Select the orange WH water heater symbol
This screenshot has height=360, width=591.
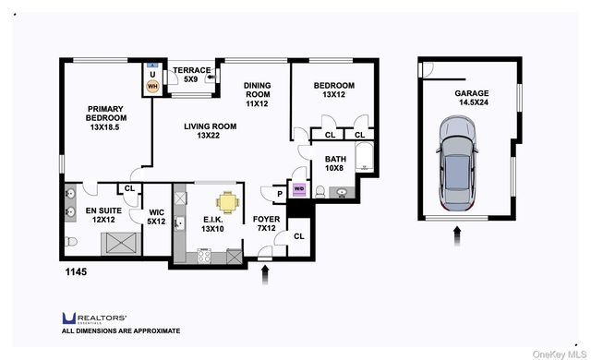(x=153, y=87)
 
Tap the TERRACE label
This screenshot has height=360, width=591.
(x=191, y=75)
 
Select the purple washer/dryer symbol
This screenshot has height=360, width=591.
(x=298, y=189)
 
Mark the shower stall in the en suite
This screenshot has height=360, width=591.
(x=120, y=243)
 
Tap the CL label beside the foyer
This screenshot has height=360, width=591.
(x=298, y=236)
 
